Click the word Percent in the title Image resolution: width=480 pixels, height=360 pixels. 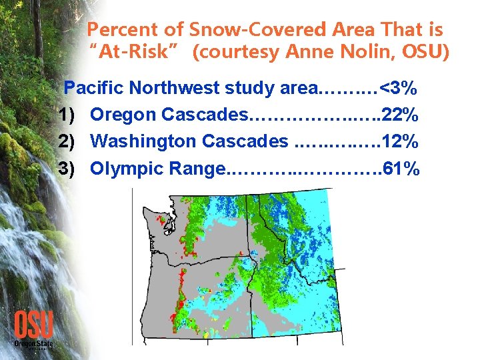pos(117,29)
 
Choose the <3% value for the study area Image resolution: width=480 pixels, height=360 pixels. pos(397,88)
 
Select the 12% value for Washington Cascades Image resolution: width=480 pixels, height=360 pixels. pos(401,141)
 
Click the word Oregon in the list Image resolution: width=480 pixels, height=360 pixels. pos(120,115)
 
